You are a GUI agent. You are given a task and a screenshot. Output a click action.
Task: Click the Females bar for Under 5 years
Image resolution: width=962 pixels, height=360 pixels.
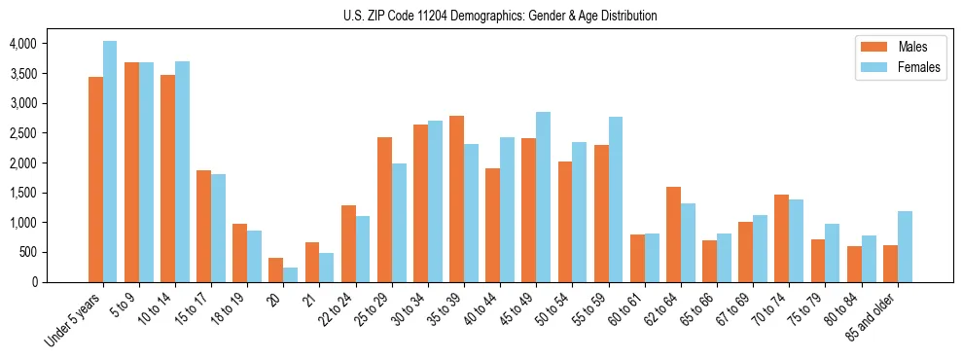[110, 162]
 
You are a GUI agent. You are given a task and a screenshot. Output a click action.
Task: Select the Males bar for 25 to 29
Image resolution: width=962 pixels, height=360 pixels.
[384, 209]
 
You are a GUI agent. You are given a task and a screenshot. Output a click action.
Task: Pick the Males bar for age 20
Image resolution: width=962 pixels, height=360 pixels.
[276, 270]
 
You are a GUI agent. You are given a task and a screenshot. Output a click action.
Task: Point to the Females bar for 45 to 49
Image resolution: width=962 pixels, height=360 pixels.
[543, 197]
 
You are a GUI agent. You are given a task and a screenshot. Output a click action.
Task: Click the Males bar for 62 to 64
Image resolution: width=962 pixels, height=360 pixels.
[673, 234]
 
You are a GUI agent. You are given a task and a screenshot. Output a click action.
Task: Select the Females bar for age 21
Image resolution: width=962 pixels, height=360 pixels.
[327, 268]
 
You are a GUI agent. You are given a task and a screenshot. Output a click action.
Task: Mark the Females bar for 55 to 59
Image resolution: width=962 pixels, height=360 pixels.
[615, 199]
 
